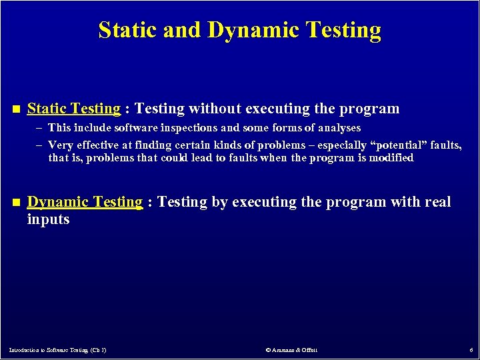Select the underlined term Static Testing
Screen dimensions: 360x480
(x=73, y=109)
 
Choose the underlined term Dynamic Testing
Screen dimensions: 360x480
(x=85, y=202)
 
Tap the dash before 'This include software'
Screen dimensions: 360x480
(x=40, y=128)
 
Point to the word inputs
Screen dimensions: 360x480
(x=48, y=219)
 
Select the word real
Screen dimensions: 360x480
(x=437, y=202)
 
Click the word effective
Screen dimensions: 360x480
(x=97, y=145)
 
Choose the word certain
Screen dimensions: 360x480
(x=191, y=145)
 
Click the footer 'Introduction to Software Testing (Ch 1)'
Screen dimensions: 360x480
(x=58, y=350)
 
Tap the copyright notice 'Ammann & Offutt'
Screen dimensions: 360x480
(x=291, y=350)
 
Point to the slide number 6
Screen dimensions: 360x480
(x=471, y=350)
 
